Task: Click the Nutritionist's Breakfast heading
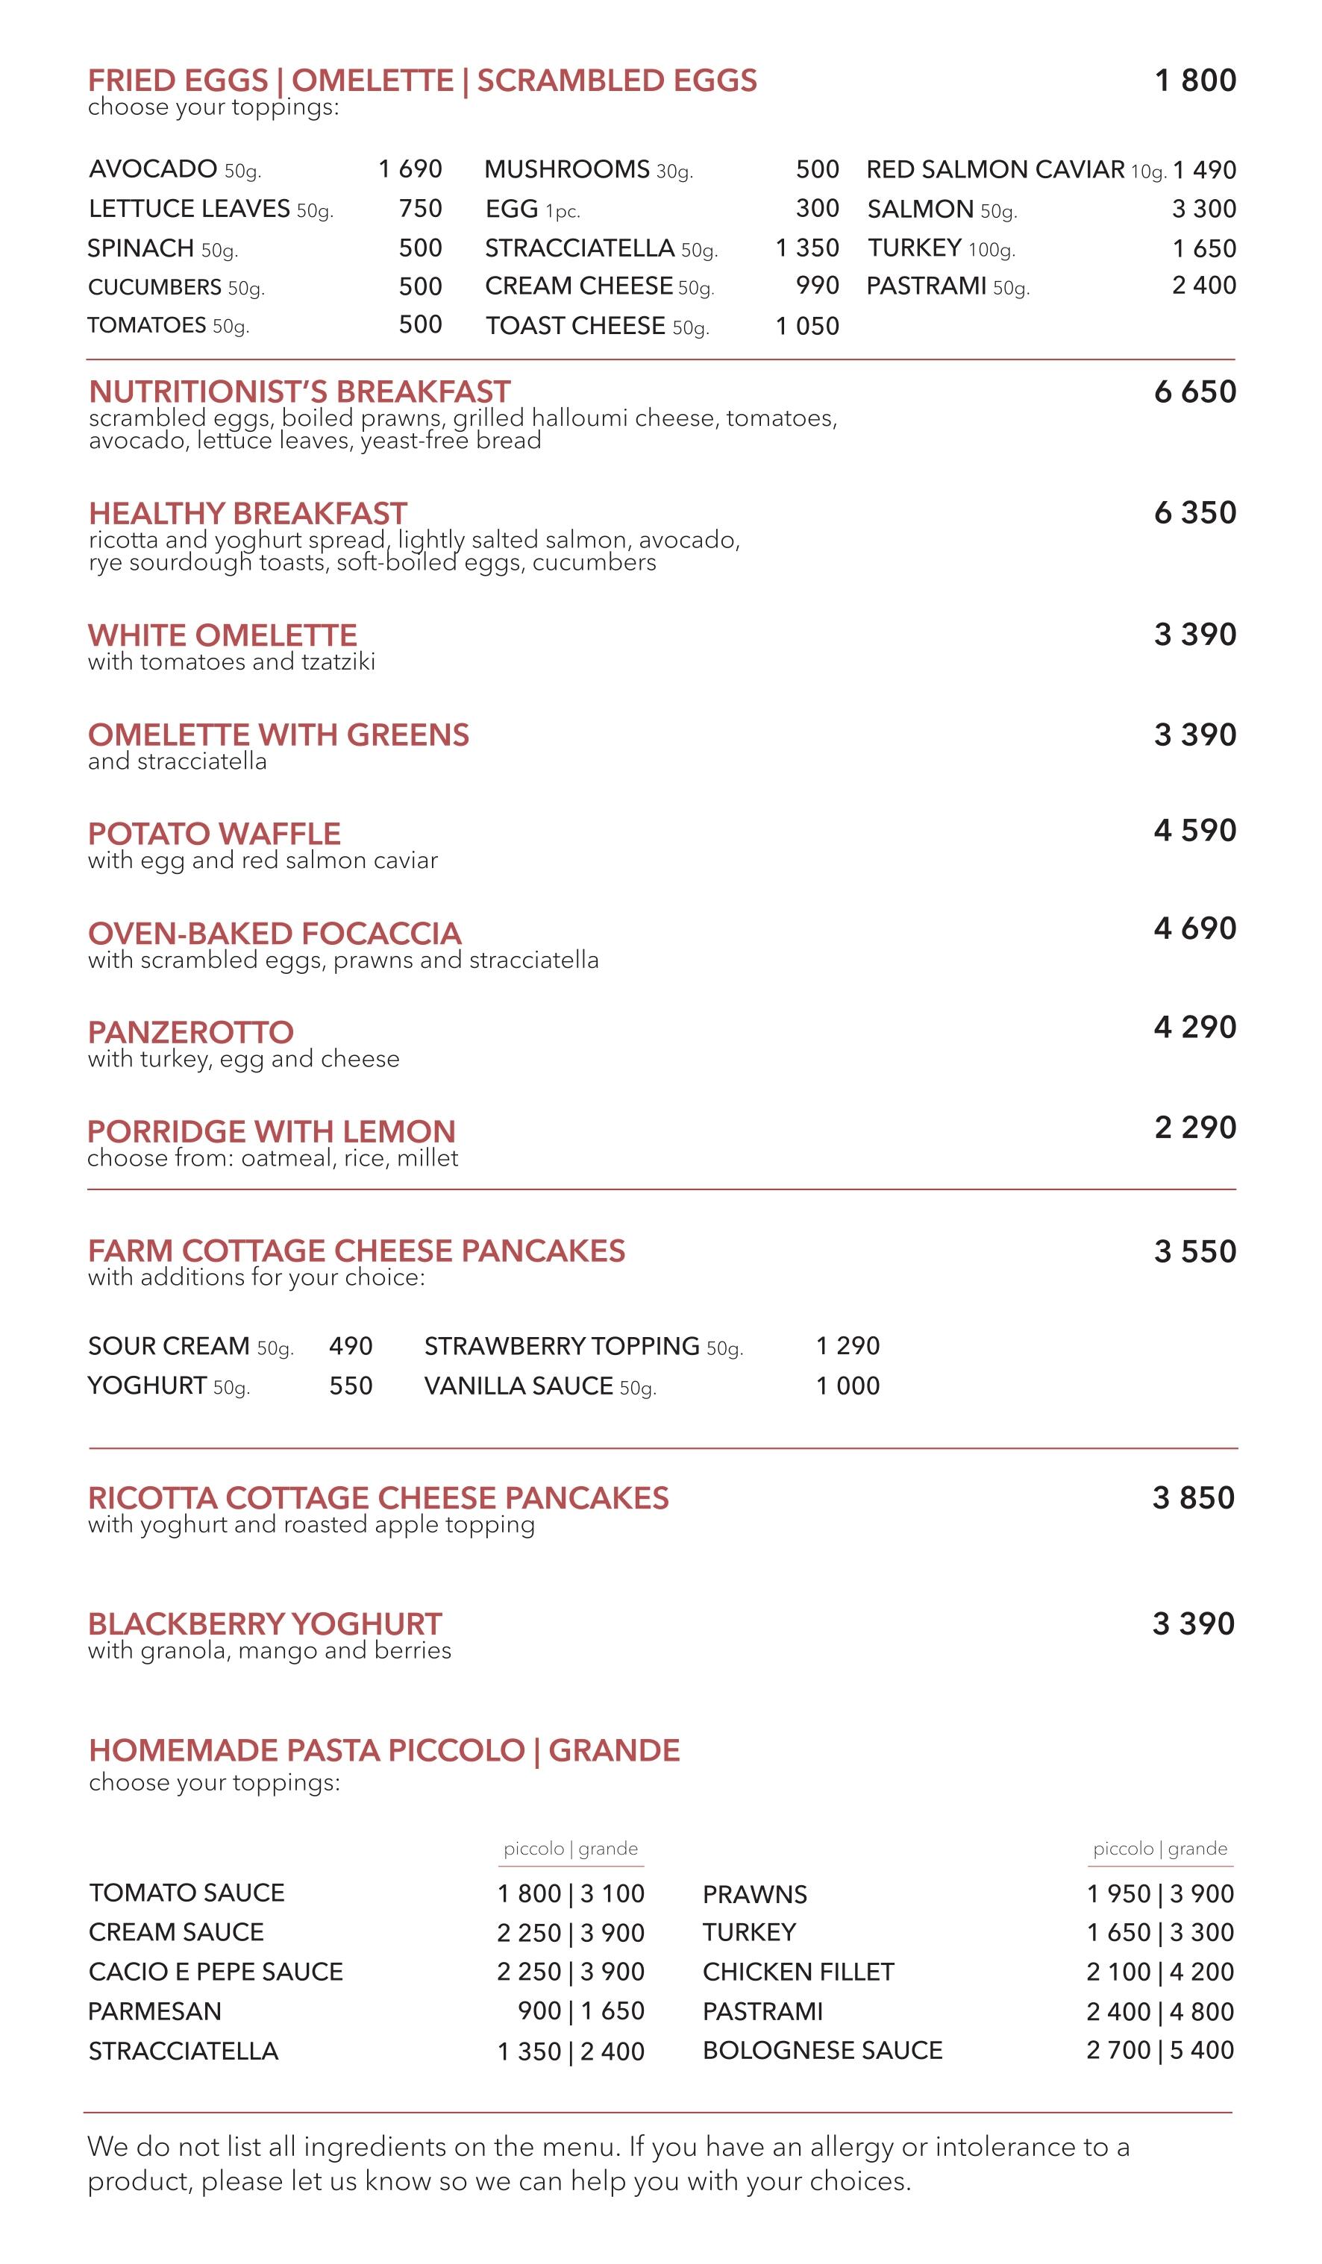299,392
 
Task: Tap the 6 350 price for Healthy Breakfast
1194,513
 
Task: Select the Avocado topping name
153,169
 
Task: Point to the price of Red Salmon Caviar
1204,170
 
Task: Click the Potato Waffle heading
214,834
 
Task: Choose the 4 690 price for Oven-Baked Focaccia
1194,928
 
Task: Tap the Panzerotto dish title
190,1032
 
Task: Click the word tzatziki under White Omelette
339,662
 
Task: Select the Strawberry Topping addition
562,1346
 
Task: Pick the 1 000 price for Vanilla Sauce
848,1386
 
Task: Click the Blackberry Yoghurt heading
265,1624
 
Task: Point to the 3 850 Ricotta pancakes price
1194,1497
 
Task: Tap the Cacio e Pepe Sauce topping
216,1972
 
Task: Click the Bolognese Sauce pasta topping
822,2051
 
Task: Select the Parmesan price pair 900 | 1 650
580,2011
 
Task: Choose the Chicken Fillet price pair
1159,1972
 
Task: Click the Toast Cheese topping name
575,326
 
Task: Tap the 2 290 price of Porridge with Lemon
1194,1128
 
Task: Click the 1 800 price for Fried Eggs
1195,81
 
